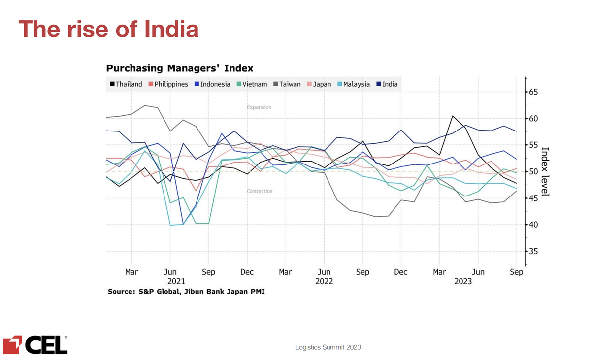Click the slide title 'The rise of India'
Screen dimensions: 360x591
click(108, 29)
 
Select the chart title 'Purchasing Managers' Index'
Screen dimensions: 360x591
click(180, 68)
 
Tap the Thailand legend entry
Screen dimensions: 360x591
click(126, 84)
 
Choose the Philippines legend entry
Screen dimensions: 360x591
click(168, 84)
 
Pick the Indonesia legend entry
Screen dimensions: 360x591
click(212, 84)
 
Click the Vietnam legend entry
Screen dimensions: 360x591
click(252, 84)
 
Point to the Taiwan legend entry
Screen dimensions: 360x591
click(287, 84)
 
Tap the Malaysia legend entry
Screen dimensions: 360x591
click(354, 84)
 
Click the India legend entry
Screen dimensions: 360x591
click(387, 84)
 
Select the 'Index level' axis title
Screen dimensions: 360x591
click(545, 172)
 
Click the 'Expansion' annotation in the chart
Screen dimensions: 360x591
click(259, 107)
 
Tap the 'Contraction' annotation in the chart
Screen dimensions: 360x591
click(260, 191)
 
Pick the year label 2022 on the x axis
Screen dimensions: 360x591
click(324, 281)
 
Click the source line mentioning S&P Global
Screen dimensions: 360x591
click(186, 292)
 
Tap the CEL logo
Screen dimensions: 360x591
click(35, 345)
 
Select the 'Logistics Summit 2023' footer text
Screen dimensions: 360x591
click(328, 347)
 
